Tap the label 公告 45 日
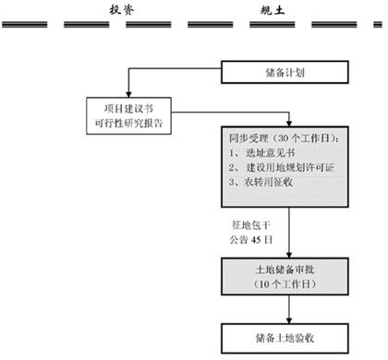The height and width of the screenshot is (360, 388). (x=253, y=240)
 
